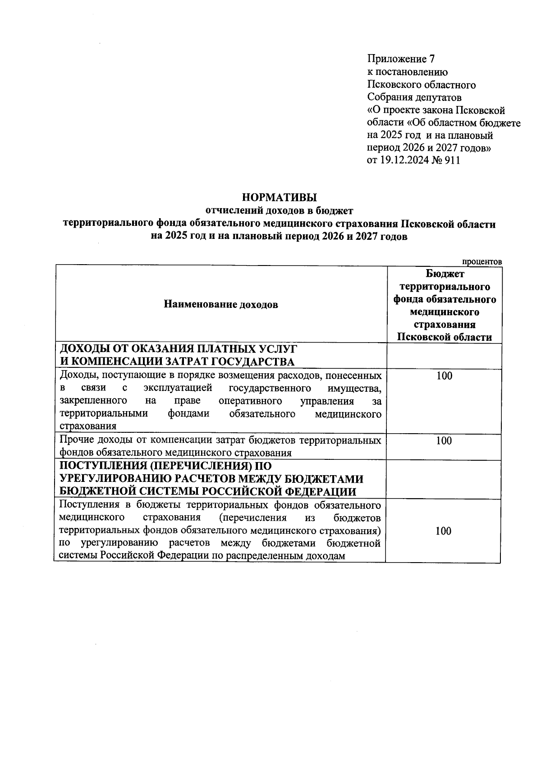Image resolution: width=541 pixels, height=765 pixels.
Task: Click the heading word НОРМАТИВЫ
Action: (279, 197)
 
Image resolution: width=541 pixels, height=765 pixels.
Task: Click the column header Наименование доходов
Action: (220, 305)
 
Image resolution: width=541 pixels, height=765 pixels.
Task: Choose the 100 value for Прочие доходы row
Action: (444, 440)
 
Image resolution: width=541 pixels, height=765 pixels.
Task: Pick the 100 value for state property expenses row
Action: (444, 376)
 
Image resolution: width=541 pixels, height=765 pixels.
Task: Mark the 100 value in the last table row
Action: (444, 531)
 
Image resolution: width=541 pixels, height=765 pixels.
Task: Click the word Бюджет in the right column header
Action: (445, 274)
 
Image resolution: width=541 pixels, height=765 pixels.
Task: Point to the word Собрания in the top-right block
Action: (388, 97)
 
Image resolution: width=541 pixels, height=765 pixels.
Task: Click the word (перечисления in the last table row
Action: (252, 518)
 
